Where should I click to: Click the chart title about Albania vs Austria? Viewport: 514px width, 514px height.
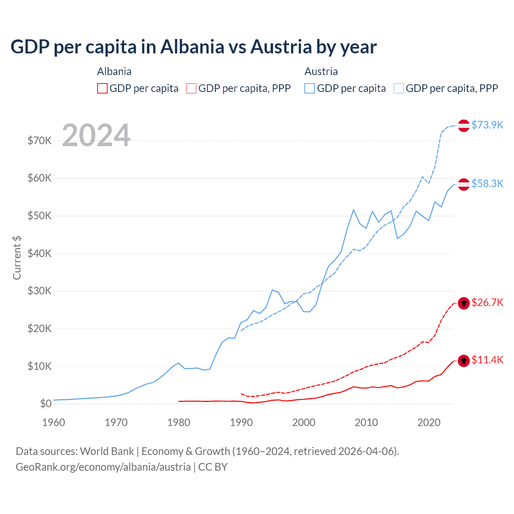pos(193,47)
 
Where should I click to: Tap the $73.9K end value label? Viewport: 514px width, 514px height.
pos(487,125)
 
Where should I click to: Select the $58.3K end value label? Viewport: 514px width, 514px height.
pos(487,184)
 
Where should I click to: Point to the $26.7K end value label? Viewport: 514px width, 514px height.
pos(487,302)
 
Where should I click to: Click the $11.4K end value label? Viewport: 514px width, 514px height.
pos(487,360)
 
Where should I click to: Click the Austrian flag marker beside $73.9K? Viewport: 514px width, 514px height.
pos(464,125)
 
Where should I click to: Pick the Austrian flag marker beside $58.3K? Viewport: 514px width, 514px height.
pos(464,184)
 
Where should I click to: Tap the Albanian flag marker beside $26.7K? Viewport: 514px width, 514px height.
pos(464,303)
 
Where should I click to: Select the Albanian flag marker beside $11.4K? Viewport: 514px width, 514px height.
pos(464,361)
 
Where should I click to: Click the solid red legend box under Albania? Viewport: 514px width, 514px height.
pos(102,88)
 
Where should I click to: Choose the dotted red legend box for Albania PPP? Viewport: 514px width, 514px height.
pos(191,88)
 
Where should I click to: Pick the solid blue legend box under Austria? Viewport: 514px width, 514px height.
pos(310,88)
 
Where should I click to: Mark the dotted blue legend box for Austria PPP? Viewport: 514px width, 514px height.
pos(399,88)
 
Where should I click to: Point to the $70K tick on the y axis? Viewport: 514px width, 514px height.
pos(39,141)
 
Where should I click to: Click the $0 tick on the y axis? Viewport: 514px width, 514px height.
pos(46,404)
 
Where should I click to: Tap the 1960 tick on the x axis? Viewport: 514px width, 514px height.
pos(53,422)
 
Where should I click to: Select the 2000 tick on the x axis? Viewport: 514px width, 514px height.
pos(304,422)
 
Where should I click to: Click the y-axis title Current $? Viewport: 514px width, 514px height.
pos(17,258)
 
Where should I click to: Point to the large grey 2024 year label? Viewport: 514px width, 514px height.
pos(96,135)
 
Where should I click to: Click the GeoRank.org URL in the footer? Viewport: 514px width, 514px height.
pos(103,467)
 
